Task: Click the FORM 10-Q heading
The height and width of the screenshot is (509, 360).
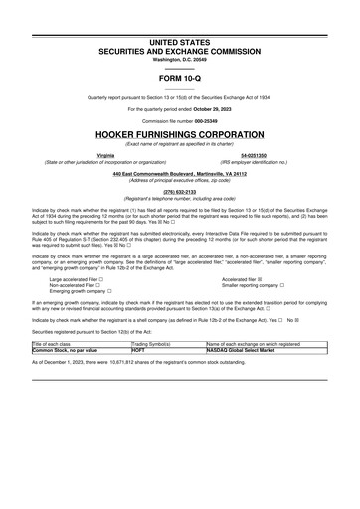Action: pyautogui.click(x=180, y=78)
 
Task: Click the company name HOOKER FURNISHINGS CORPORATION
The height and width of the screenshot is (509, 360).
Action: pyautogui.click(x=180, y=131)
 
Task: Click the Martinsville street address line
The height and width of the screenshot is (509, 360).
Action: pyautogui.click(x=180, y=175)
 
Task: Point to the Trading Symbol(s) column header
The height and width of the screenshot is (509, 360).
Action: pyautogui.click(x=152, y=343)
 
